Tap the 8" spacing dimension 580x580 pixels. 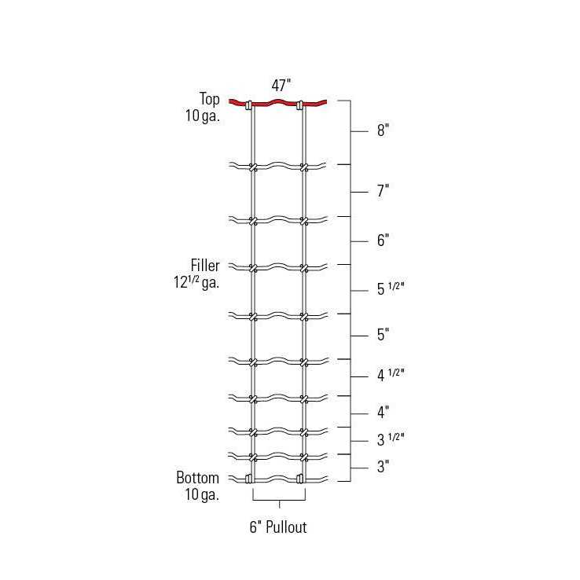click(384, 131)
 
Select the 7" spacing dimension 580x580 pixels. click(384, 191)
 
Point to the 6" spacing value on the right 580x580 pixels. click(384, 240)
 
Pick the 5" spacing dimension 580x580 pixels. click(384, 336)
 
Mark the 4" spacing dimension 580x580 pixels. click(384, 412)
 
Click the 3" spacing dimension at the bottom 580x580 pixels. click(384, 467)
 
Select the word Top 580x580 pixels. click(209, 98)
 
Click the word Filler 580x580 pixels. click(204, 266)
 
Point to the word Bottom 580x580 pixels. click(197, 478)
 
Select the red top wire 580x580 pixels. click(277, 102)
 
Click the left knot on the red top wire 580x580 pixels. click(249, 105)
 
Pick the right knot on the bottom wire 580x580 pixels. click(299, 479)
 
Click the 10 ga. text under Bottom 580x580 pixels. click(201, 495)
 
